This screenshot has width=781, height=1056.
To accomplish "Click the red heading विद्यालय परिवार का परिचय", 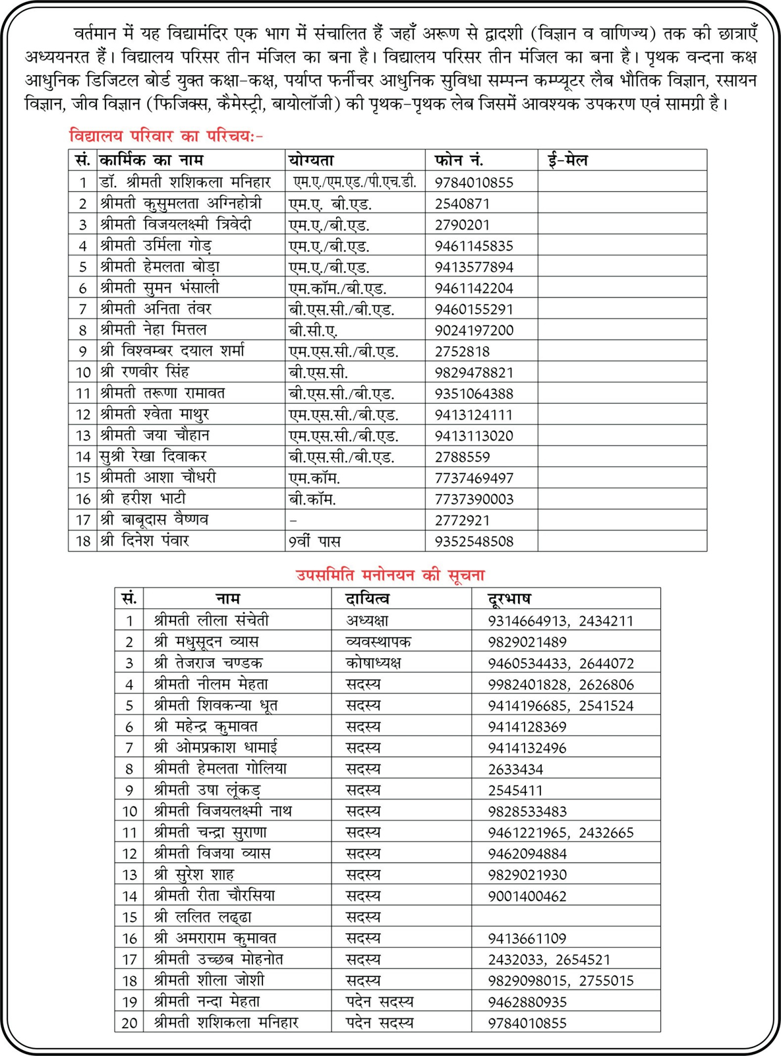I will (165, 136).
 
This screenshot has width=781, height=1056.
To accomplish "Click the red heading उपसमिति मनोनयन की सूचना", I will (390, 575).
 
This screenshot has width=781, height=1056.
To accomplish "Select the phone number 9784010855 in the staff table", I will (473, 182).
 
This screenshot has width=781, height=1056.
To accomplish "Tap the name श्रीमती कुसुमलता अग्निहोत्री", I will (181, 203).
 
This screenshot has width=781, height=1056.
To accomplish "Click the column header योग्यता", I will (311, 160).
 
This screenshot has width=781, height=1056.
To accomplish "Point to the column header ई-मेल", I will (567, 160).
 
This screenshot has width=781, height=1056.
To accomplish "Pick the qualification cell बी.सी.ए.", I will (313, 330).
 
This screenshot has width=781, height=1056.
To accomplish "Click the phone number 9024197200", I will (473, 330).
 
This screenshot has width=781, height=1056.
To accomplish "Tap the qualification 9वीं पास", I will (314, 541).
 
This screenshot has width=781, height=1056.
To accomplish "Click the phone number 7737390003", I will (473, 499).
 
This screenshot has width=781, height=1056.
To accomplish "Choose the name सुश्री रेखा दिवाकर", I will (154, 456).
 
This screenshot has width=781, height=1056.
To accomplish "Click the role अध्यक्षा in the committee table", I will (367, 621).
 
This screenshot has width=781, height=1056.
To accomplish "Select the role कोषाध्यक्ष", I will (373, 663).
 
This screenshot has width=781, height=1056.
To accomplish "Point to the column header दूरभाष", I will (509, 598).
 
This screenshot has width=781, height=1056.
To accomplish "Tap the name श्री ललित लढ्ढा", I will (203, 917).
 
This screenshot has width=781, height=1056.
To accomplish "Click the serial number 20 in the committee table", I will (129, 1023).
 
